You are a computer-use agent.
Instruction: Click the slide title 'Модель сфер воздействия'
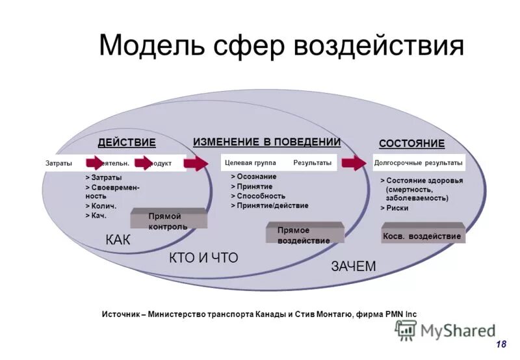click(x=281, y=46)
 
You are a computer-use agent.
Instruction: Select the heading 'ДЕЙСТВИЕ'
click(x=126, y=143)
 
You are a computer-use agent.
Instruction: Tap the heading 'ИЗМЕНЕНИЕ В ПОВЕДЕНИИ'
click(x=266, y=142)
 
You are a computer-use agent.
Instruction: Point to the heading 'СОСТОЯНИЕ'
click(x=411, y=144)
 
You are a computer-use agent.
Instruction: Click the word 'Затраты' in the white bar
click(x=58, y=163)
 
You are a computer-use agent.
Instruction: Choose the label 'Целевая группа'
click(x=250, y=162)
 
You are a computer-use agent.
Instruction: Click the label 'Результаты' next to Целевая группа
click(x=312, y=162)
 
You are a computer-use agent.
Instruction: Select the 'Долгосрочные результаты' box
click(x=419, y=162)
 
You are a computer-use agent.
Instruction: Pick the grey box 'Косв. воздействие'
click(x=422, y=236)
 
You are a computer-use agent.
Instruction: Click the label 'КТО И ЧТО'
click(x=203, y=258)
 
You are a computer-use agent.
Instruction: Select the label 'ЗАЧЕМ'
click(x=354, y=266)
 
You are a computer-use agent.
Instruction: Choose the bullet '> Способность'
click(x=258, y=196)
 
